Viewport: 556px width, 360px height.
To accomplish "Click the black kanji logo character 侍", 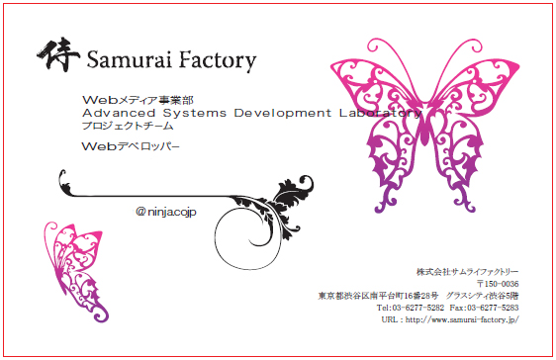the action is click(58, 54).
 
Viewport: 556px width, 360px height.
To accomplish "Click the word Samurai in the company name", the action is click(129, 59).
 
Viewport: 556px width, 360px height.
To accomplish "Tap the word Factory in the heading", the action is click(217, 60).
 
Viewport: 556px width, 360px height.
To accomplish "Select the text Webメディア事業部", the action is click(138, 100).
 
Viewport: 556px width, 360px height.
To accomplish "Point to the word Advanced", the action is click(119, 113).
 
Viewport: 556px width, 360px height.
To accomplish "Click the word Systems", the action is click(195, 114).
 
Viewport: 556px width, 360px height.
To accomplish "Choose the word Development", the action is click(283, 114).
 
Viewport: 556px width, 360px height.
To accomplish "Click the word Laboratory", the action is click(380, 114).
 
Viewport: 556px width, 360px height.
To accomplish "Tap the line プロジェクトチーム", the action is click(128, 126).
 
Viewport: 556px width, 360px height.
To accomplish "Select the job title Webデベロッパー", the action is click(131, 146).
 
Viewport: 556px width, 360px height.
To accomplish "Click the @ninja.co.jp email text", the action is click(166, 212).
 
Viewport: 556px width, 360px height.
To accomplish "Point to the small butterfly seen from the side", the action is click(76, 272).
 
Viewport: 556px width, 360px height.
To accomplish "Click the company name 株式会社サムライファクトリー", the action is click(467, 272).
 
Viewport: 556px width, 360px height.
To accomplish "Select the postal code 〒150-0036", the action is click(498, 284).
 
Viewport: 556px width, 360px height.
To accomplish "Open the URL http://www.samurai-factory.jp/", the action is click(462, 319).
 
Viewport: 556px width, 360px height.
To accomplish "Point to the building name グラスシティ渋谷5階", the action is click(482, 296).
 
